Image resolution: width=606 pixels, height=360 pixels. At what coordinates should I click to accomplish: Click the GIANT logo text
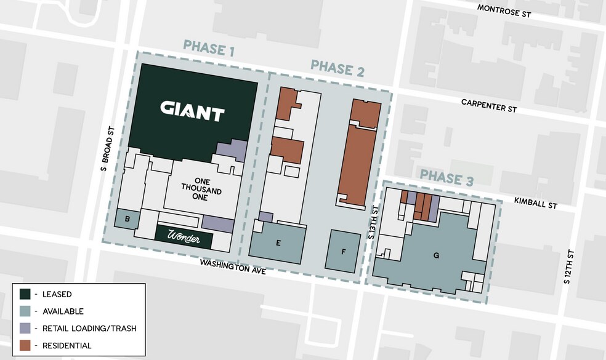point(192,111)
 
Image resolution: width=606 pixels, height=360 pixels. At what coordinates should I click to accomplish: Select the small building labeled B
point(127,219)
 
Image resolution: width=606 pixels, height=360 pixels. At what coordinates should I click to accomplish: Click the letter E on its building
point(278,243)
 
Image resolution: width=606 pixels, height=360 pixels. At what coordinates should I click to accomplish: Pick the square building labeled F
point(344,251)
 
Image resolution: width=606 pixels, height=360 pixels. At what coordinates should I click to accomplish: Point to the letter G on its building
point(435,255)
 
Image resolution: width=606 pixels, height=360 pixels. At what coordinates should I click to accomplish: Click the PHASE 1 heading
point(208,48)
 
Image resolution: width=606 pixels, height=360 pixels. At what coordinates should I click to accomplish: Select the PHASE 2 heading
point(337,68)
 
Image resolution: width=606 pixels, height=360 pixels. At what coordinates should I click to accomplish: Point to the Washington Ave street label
point(232,266)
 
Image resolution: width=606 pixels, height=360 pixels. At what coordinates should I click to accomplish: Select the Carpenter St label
point(488,105)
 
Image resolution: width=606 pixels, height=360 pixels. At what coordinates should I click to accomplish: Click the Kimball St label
point(536,203)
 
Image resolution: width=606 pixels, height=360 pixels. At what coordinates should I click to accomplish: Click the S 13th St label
point(371,223)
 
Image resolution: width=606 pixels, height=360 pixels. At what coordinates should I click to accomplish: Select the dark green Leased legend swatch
point(25,294)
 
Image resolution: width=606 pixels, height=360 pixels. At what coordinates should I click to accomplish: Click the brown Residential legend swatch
point(25,345)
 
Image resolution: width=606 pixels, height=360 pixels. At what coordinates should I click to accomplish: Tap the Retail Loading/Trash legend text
point(86,329)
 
